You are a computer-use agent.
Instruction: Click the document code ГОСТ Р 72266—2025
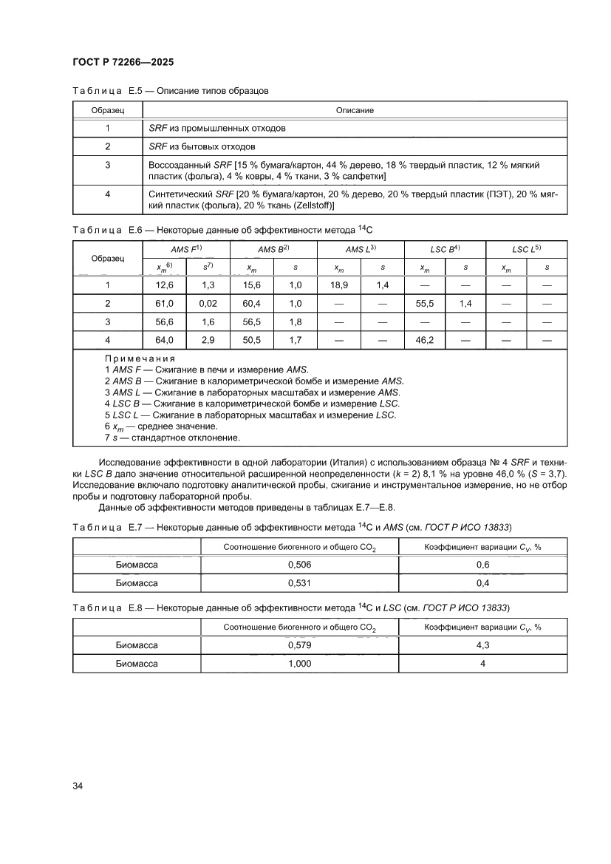[x=123, y=62]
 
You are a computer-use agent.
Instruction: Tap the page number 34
[x=78, y=785]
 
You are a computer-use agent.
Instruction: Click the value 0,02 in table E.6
[x=208, y=304]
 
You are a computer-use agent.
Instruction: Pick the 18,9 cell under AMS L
[x=338, y=285]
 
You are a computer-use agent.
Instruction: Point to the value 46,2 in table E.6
[x=424, y=340]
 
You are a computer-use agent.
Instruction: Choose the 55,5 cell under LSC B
[x=424, y=304]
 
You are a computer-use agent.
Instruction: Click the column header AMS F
[x=185, y=249]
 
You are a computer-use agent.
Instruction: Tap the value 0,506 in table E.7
[x=299, y=565]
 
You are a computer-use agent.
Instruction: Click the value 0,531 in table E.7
[x=299, y=583]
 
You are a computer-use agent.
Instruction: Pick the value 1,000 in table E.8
[x=299, y=664]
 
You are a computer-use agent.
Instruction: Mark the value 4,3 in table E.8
[x=482, y=645]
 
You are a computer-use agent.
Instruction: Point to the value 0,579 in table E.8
[x=299, y=645]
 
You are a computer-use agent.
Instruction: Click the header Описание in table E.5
[x=355, y=110]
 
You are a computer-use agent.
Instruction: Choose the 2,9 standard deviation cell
[x=208, y=340]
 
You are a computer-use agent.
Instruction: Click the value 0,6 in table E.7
[x=482, y=565]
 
